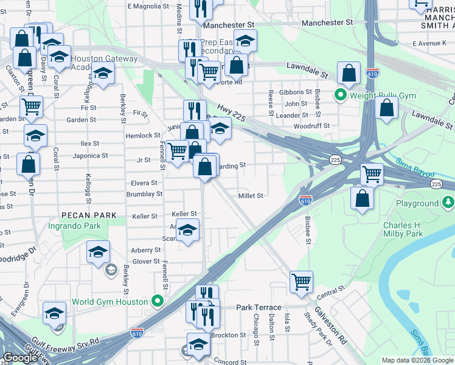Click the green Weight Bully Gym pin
341,96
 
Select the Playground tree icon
448,203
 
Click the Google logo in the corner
20,358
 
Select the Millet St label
250,196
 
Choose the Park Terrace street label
259,307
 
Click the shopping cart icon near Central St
301,281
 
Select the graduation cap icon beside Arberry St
97,251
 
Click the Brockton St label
228,335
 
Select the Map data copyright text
416,360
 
